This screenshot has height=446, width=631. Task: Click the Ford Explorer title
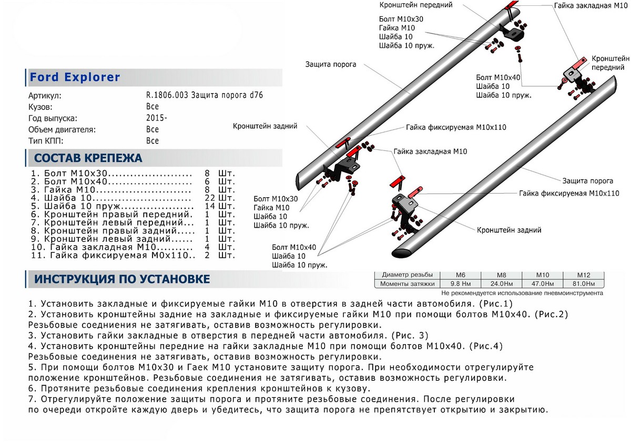[75, 77]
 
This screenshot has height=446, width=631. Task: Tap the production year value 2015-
[157, 118]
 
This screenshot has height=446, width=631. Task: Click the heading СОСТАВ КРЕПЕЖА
[88, 158]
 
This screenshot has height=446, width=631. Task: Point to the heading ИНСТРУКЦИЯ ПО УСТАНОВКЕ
[122, 279]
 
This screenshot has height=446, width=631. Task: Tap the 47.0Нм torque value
[542, 284]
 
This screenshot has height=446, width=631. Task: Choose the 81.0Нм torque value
[583, 284]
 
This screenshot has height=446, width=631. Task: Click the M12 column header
[583, 275]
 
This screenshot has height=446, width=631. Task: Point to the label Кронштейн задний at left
[266, 126]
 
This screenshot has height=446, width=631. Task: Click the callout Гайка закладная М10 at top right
[589, 5]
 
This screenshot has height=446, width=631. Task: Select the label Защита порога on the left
[331, 64]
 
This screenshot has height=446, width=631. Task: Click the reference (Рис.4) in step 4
[485, 346]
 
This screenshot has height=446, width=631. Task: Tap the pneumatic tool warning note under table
[522, 293]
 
